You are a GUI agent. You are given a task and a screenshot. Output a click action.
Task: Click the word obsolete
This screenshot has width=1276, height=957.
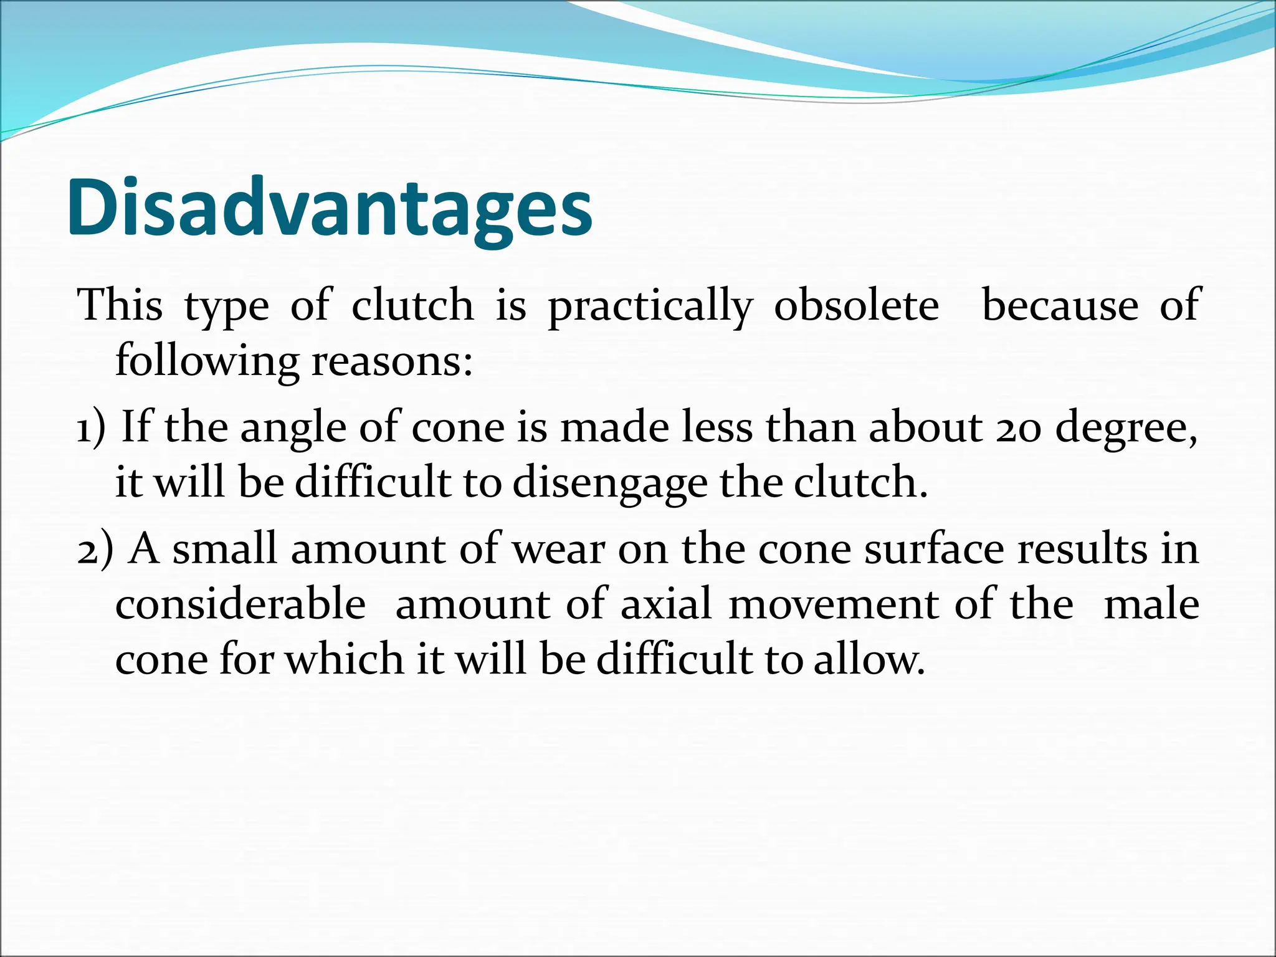856,306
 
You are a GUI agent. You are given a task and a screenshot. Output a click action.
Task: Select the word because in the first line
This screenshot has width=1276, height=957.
1060,306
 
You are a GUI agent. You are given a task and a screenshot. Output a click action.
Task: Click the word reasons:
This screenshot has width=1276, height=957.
392,361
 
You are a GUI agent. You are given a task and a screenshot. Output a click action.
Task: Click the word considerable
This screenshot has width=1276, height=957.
240,605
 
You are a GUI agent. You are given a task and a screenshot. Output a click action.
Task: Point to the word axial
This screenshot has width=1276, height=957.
666,605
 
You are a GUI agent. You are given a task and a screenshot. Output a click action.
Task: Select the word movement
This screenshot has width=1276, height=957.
834,605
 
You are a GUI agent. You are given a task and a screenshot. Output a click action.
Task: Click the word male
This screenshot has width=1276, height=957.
1151,605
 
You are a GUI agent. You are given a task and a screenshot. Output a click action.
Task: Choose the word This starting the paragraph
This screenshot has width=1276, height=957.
120,306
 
